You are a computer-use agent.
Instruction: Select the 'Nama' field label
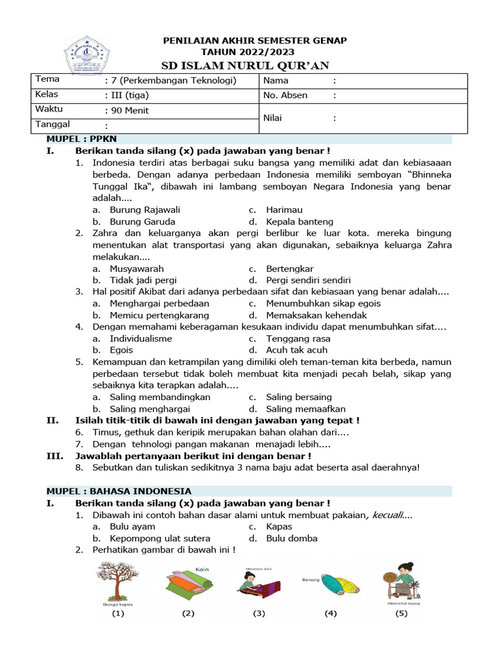(276, 81)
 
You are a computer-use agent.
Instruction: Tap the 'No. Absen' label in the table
(285, 95)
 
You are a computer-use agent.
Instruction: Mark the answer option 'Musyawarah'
(137, 268)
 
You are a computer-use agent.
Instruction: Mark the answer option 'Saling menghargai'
(150, 409)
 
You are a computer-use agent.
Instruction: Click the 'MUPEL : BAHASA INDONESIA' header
(119, 491)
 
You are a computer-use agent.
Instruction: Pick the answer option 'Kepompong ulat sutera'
(160, 538)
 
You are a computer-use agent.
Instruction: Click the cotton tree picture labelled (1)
(117, 582)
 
